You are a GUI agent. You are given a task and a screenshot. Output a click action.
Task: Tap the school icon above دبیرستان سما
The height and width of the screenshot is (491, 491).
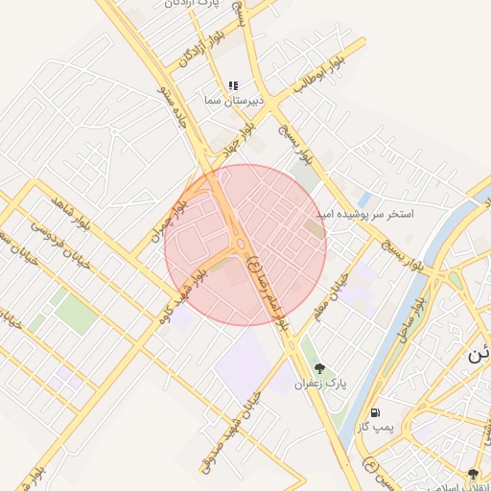pyautogui.click(x=233, y=85)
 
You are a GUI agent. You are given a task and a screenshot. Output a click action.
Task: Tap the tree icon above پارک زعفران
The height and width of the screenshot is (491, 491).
pyautogui.click(x=319, y=368)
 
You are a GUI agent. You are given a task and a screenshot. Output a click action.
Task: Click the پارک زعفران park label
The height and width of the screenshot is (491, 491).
pyautogui.click(x=320, y=384)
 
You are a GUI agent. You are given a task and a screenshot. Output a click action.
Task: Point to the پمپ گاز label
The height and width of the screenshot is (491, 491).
pyautogui.click(x=374, y=426)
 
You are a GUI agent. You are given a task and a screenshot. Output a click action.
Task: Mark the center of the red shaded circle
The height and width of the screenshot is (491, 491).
pyautogui.click(x=245, y=245)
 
